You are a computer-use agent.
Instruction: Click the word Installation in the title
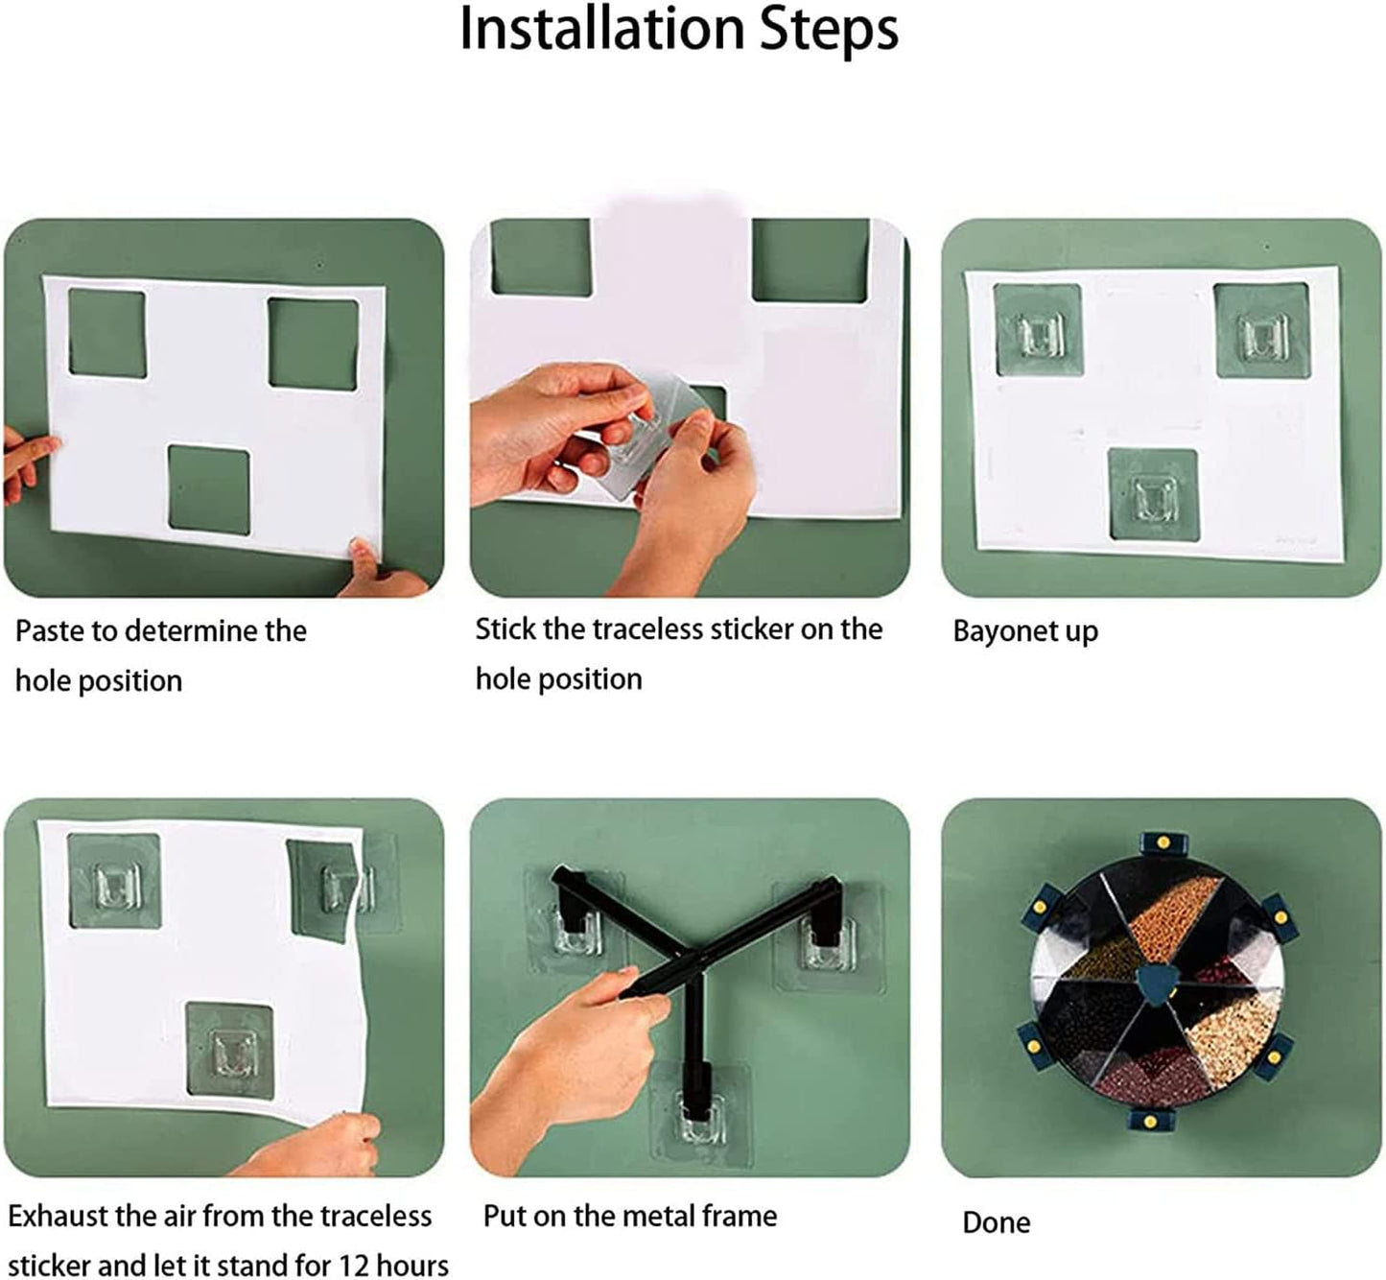click(602, 29)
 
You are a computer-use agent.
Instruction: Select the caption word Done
click(996, 1222)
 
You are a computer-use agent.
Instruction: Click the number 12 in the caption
click(355, 1266)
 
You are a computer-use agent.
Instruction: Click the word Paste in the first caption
click(47, 630)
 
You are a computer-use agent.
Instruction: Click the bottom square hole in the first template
click(209, 491)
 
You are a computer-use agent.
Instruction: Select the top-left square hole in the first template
click(107, 333)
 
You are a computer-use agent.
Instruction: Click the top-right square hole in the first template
click(314, 344)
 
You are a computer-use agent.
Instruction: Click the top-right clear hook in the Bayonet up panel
click(1264, 336)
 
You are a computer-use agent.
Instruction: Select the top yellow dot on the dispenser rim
click(1163, 842)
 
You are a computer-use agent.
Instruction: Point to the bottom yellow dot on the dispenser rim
click(1150, 1123)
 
